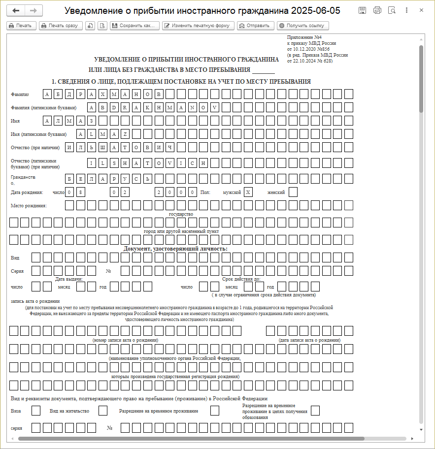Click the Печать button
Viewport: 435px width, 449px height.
pyautogui.click(x=21, y=26)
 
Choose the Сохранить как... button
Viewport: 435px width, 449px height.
pyautogui.click(x=134, y=26)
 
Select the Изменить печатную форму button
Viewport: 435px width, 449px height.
pyautogui.click(x=198, y=26)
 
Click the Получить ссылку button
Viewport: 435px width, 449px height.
pyautogui.click(x=302, y=26)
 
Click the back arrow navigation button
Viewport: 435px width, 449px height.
pyautogui.click(x=16, y=10)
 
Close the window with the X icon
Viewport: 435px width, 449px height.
pyautogui.click(x=421, y=10)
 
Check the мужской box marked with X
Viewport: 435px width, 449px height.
pyautogui.click(x=248, y=192)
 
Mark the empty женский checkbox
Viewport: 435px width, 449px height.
pyautogui.click(x=293, y=192)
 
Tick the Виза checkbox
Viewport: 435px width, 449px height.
pyautogui.click(x=36, y=411)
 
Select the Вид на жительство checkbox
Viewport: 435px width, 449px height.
pyautogui.click(x=103, y=411)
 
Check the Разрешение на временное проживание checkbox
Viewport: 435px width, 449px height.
pyautogui.click(x=215, y=411)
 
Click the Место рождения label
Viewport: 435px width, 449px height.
pyautogui.click(x=29, y=205)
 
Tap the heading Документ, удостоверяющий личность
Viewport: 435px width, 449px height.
pyautogui.click(x=175, y=249)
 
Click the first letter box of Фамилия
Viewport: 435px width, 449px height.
pyautogui.click(x=47, y=94)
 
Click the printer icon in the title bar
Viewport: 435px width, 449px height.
pyautogui.click(x=377, y=10)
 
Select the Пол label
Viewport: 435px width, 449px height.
pyautogui.click(x=205, y=192)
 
